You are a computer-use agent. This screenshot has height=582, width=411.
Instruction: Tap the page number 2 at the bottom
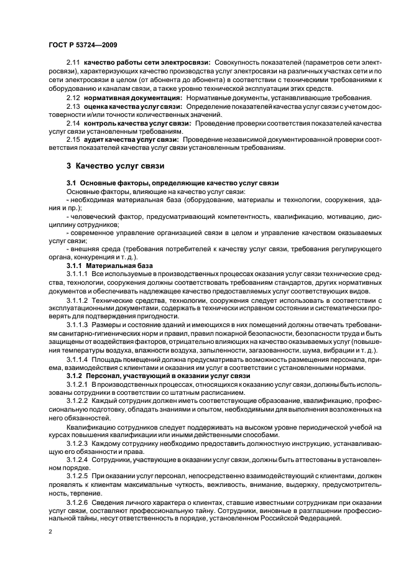tap(50, 532)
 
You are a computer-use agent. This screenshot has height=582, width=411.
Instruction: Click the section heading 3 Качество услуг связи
tap(114, 166)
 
